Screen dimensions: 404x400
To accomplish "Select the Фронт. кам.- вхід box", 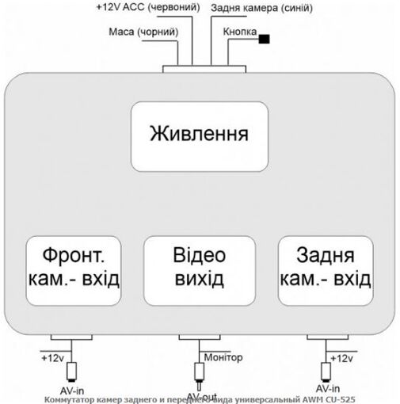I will click(73, 269).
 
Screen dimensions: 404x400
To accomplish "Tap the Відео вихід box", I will click(198, 269).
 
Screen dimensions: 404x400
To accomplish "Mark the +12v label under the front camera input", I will click(52, 358).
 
